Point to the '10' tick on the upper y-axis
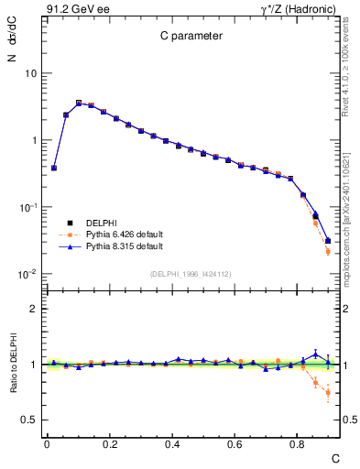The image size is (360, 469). click(x=30, y=72)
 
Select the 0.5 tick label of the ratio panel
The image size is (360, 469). click(x=30, y=420)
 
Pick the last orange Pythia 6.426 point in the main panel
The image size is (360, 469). click(x=328, y=251)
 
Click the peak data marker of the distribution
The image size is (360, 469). click(x=79, y=103)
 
